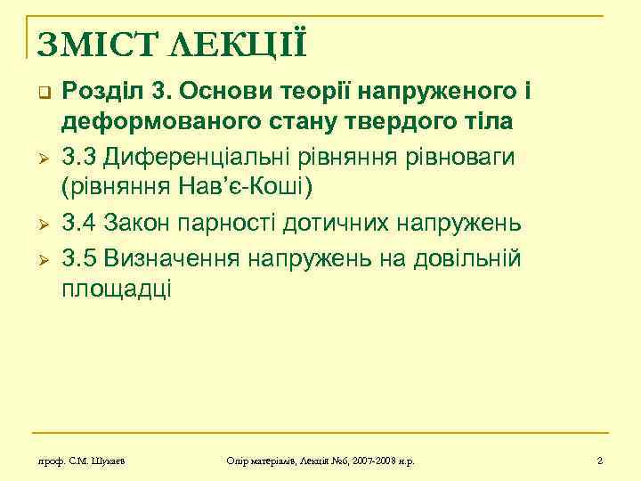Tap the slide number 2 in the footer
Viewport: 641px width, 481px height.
[x=600, y=461]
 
